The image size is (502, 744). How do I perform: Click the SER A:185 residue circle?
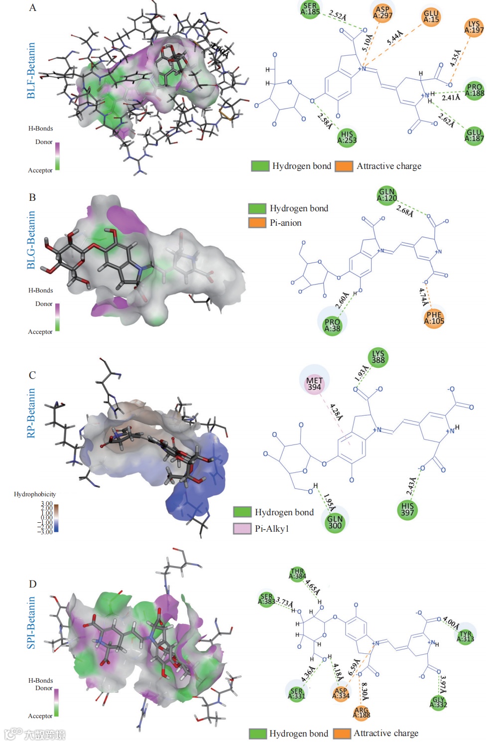point(310,9)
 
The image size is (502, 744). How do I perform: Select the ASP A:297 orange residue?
point(382,12)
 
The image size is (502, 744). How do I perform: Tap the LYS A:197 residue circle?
point(474,27)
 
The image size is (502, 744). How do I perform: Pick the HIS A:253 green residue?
point(347,137)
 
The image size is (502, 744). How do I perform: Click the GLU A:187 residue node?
point(474,136)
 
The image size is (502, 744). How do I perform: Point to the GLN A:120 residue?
point(386,195)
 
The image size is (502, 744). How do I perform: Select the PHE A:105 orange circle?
point(434,317)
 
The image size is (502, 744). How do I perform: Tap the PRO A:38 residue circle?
point(332,325)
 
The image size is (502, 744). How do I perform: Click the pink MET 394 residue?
point(314,384)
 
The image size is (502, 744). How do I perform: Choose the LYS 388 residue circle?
point(378,357)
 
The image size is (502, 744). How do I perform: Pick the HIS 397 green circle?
point(407,509)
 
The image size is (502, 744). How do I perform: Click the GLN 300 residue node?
point(335,522)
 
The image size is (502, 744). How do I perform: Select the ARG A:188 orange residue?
point(362,713)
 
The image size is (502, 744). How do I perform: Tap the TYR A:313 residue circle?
point(466,636)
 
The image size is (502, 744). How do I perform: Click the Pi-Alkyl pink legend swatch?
point(242,528)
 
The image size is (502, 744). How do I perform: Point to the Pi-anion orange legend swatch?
point(257,223)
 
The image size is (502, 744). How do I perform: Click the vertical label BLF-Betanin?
point(31,70)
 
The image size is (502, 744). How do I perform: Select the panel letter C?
point(32,375)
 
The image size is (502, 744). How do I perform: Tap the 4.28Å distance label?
point(336,412)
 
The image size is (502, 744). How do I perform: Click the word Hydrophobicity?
point(35,494)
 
